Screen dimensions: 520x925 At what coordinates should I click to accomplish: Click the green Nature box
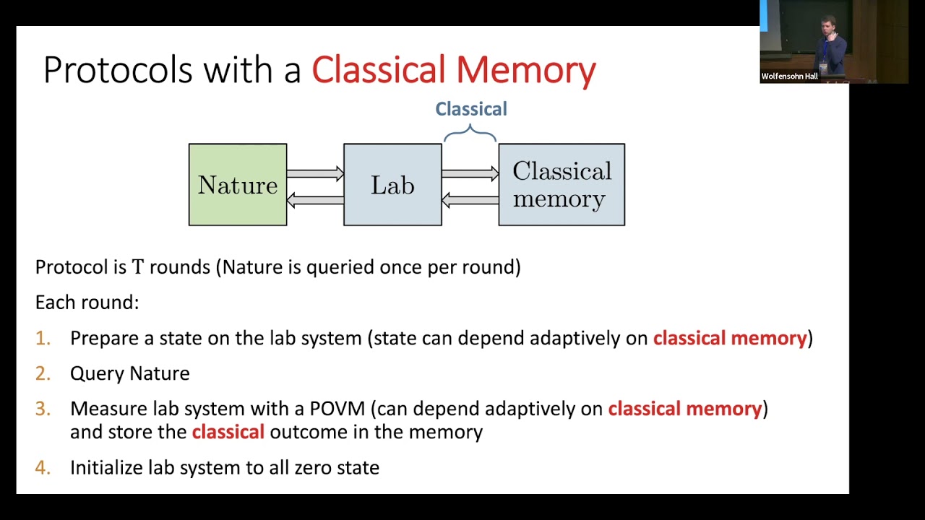point(238,185)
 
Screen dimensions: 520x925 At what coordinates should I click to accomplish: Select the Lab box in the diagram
point(392,185)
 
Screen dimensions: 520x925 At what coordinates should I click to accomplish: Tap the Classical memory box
point(562,185)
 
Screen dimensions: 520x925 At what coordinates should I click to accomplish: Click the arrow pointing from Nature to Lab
point(315,173)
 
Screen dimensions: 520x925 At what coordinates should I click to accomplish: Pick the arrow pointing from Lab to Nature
point(315,200)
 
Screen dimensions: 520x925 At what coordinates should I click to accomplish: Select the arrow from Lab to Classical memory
point(470,173)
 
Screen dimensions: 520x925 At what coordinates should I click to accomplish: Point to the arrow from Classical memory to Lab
point(470,200)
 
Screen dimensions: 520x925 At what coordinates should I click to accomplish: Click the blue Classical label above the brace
point(471,109)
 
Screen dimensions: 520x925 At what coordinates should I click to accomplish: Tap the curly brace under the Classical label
point(470,132)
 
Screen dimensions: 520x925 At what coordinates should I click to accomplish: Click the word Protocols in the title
point(119,70)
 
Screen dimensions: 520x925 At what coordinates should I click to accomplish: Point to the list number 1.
point(43,339)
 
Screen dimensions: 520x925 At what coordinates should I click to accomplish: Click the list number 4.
point(43,468)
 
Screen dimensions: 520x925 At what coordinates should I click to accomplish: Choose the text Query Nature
point(130,373)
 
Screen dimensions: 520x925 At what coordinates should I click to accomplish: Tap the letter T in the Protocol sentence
point(138,267)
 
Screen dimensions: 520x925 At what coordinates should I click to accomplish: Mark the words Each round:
point(87,302)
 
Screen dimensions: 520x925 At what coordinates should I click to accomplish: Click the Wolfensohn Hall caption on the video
point(789,77)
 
